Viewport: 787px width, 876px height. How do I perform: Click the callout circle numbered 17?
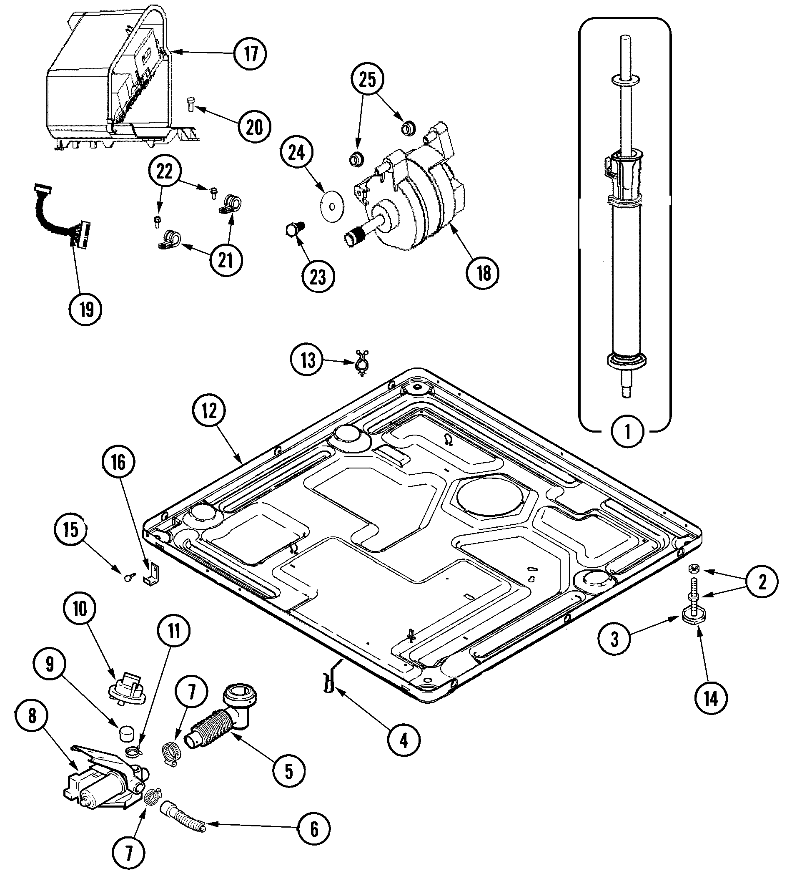(251, 54)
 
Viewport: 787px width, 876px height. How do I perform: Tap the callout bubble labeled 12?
(209, 411)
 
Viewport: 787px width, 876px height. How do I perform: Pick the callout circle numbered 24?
(297, 152)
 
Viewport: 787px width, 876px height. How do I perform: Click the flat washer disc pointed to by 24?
(331, 206)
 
